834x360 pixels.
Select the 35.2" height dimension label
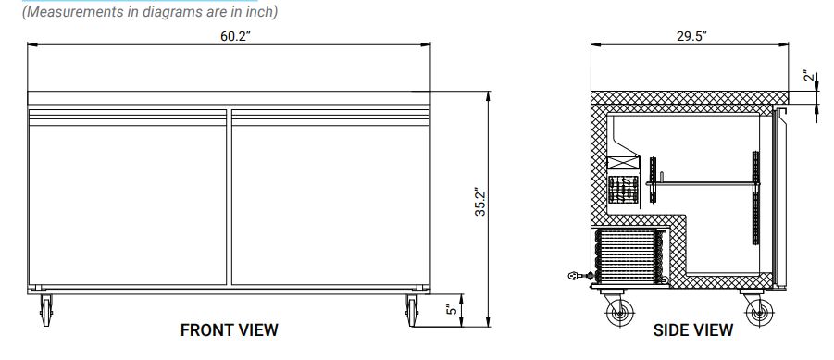[479, 205]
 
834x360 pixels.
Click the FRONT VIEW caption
[229, 330]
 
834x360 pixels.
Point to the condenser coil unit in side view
[630, 256]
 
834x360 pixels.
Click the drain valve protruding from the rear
[579, 275]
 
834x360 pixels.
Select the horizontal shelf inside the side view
[703, 183]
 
